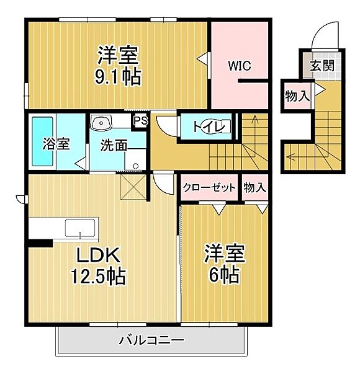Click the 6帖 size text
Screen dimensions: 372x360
(223, 275)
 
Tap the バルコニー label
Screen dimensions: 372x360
(151, 340)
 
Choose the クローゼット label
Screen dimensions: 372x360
(209, 188)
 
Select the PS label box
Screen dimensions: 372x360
(141, 120)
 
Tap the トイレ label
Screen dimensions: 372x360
(204, 127)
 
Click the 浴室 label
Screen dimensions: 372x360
(55, 144)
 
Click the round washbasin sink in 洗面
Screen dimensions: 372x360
(99, 122)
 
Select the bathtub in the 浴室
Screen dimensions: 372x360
(43, 141)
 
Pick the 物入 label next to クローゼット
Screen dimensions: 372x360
(254, 188)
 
